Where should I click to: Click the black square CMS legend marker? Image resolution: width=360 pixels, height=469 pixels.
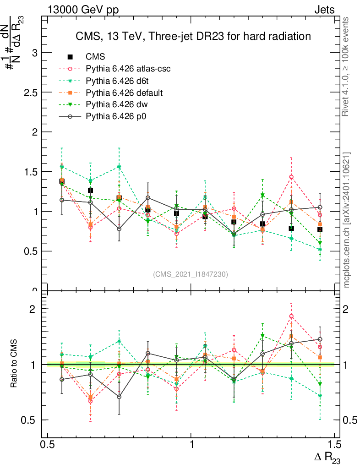tap(70, 57)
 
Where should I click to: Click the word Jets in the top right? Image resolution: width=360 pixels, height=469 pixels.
tap(324, 10)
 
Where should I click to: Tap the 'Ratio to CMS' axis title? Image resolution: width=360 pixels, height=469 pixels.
tap(14, 364)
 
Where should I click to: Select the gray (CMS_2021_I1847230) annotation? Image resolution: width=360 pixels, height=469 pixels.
tap(191, 274)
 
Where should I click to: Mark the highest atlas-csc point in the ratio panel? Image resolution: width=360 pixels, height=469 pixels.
tap(291, 316)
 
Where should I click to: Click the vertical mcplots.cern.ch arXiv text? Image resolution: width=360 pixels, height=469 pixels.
tap(347, 220)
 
